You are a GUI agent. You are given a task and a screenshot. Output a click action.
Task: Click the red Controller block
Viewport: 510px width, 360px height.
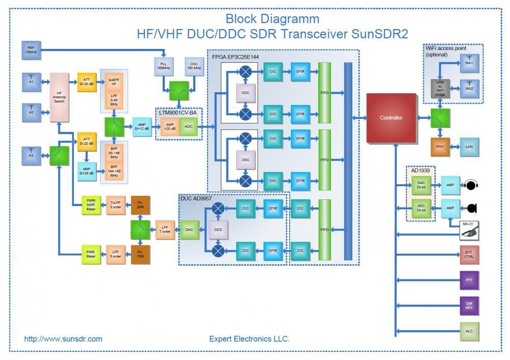(391, 118)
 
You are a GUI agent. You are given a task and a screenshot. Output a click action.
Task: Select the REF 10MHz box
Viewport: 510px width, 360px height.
(31, 50)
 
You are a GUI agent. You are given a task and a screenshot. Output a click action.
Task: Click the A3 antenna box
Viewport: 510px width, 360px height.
(31, 155)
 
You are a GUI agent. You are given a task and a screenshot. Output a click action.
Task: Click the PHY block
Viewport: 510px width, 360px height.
(440, 147)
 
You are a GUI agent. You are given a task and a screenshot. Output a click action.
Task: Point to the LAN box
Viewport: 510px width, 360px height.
(469, 147)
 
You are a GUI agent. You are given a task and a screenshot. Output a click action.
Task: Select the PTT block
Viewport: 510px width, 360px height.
(469, 280)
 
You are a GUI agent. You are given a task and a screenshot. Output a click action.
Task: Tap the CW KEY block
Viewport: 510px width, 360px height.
(469, 305)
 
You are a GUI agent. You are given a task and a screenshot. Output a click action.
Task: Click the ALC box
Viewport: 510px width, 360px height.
(469, 331)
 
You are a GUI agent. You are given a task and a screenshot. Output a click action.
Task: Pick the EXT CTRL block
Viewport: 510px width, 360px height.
(469, 255)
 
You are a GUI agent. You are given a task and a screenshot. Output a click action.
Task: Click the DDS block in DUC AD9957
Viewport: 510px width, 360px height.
(218, 230)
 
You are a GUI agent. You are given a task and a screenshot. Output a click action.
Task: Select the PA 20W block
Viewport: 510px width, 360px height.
(140, 205)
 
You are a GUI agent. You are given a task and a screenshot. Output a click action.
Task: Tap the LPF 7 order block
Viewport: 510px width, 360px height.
(165, 230)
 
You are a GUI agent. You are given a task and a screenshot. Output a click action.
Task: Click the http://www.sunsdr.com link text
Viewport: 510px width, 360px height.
(63, 339)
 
